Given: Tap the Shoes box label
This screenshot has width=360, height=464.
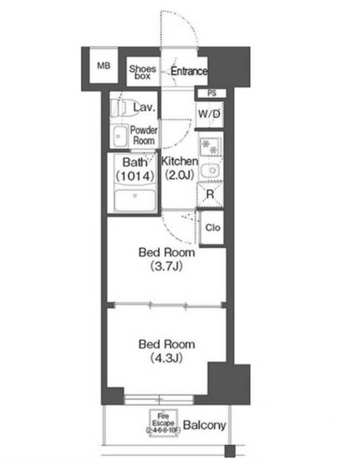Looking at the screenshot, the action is point(143,72).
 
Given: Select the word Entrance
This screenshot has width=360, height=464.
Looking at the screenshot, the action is point(189,71).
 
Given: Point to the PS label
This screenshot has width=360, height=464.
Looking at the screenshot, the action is point(212,93).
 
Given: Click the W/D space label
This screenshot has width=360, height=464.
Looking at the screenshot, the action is point(209,114).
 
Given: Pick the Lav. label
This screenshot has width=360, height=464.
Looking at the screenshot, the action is point(144,107).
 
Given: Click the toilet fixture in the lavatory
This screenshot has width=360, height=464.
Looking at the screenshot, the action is point(121,108).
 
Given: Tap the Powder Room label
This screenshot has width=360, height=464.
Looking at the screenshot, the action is point(144,135).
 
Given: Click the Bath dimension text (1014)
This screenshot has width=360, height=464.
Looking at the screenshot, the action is point(135,176).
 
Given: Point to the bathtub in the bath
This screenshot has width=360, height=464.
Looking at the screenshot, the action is point(135,200).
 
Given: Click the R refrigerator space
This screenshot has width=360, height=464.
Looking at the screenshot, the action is point(210,195).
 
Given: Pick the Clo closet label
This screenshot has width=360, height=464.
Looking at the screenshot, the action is point(213,227).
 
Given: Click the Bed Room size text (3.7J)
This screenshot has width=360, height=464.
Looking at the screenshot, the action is point(166,266).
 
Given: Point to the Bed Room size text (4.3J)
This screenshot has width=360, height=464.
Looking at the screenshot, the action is point(166,358).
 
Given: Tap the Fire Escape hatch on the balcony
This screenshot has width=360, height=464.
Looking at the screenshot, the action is point(163,423).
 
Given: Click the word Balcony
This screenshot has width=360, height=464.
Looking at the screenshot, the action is point(205,425).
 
